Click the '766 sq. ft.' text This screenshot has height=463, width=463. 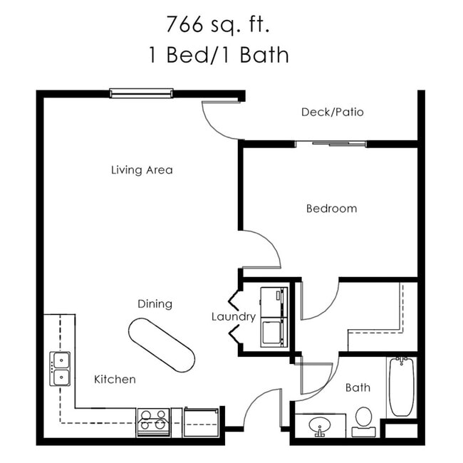(x=219, y=25)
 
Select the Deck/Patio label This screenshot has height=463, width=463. (x=333, y=112)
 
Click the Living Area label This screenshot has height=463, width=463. (x=142, y=170)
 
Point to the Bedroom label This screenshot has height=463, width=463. (x=331, y=209)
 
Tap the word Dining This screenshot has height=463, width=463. (x=155, y=304)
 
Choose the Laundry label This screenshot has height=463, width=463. (x=234, y=317)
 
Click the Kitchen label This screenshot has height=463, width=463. (x=115, y=380)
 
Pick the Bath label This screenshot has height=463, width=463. (x=358, y=388)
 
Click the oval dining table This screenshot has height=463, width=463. (x=161, y=345)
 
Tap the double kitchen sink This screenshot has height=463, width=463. (x=60, y=369)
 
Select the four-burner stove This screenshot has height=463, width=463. (x=153, y=422)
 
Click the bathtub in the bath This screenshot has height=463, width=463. (x=402, y=386)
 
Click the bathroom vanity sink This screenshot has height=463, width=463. (x=320, y=426)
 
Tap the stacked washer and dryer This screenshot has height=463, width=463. (x=274, y=317)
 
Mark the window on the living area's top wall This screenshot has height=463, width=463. (x=141, y=93)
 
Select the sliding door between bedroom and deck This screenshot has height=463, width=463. (x=331, y=144)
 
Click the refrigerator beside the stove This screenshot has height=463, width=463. (x=201, y=422)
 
